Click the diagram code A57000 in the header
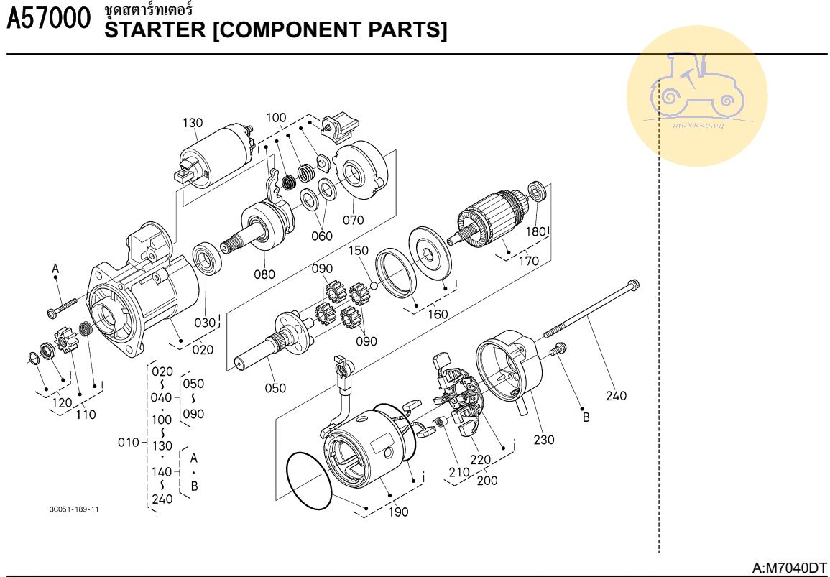(x=48, y=20)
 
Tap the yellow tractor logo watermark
(x=696, y=96)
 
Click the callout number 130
(x=193, y=123)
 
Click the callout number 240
(x=616, y=395)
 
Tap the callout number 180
(x=536, y=232)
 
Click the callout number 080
(x=264, y=273)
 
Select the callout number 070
(x=353, y=220)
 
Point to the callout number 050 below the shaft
(x=275, y=388)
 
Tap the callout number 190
(x=398, y=512)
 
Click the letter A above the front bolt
(x=55, y=268)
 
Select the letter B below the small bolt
(x=586, y=417)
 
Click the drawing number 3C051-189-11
(x=74, y=509)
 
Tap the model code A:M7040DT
(x=789, y=568)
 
